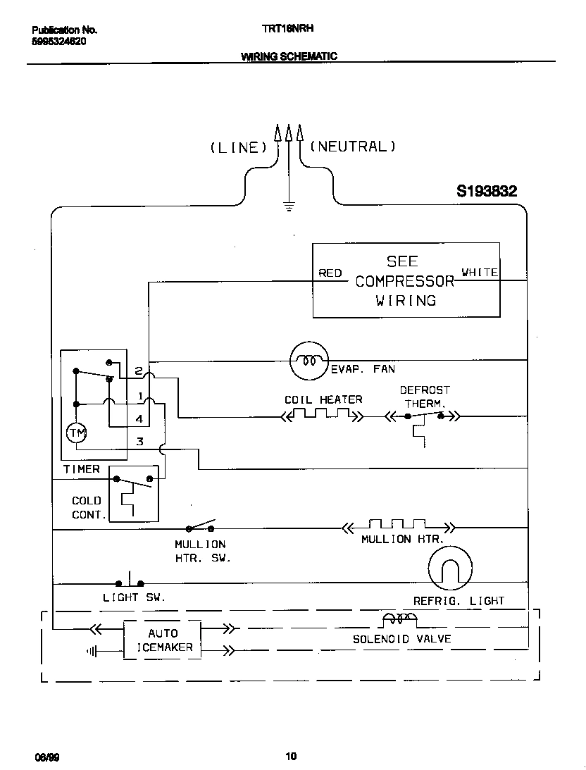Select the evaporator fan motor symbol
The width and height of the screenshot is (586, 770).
point(308,360)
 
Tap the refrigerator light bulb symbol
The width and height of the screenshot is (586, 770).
point(449,567)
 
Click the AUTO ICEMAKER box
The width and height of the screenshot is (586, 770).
point(163,640)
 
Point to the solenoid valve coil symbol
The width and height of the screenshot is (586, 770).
point(399,619)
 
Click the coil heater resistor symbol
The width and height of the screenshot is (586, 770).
point(322,416)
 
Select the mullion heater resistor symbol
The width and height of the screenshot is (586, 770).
point(398,526)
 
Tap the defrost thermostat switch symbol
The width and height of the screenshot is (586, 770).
point(423,416)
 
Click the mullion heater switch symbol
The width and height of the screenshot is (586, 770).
point(199,526)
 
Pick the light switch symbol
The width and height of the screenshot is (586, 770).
point(130,581)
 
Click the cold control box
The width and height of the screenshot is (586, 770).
point(134,494)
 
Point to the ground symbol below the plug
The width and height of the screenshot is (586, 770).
point(288,206)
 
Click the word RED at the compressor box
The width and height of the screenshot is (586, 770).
point(330,273)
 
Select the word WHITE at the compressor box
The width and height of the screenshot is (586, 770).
point(480,272)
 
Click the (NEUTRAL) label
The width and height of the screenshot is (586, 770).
point(352,147)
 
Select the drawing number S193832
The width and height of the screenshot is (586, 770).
point(487,190)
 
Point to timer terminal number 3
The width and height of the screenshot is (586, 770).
point(139,442)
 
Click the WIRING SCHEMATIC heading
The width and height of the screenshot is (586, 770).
point(289,56)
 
